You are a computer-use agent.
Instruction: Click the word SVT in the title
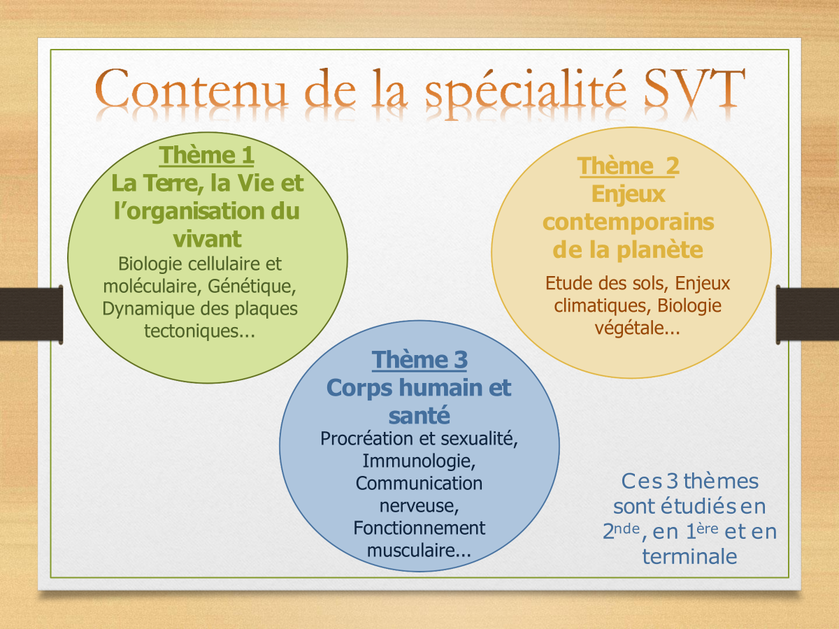pyautogui.click(x=694, y=87)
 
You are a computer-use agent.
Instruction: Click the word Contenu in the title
pyautogui.click(x=191, y=87)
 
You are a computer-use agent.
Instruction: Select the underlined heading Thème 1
pyautogui.click(x=206, y=155)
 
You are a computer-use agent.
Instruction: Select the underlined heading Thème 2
pyautogui.click(x=629, y=166)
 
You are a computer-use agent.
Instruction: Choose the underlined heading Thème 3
pyautogui.click(x=419, y=360)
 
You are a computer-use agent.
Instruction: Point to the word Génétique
pyautogui.click(x=252, y=287)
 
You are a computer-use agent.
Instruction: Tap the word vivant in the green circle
pyautogui.click(x=207, y=239)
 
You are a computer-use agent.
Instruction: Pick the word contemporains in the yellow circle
pyautogui.click(x=629, y=223)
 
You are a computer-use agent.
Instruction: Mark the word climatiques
pyautogui.click(x=603, y=305)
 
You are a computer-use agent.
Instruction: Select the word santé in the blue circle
pyautogui.click(x=419, y=415)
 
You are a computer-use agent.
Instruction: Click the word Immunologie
pyautogui.click(x=419, y=461)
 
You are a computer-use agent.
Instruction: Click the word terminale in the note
pyautogui.click(x=689, y=556)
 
